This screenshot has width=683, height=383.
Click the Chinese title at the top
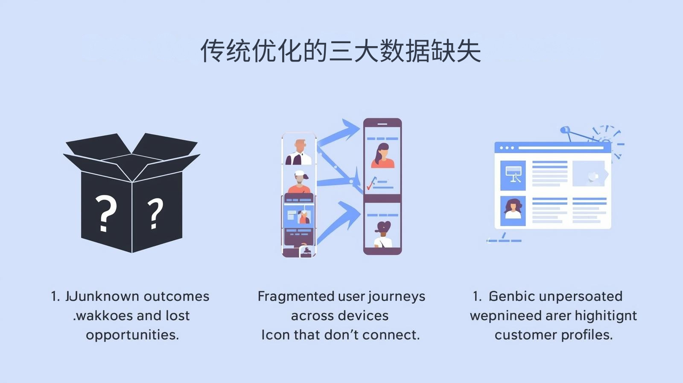click(341, 51)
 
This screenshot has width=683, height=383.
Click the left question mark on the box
click(105, 213)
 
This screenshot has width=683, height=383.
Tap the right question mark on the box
click(155, 213)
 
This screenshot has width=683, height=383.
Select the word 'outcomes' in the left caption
click(176, 296)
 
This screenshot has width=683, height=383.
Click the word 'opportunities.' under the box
click(132, 334)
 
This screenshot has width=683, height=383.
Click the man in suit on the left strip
click(300, 153)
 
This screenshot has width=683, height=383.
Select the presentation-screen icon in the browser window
click(513, 175)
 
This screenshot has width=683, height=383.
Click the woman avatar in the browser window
click(513, 209)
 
